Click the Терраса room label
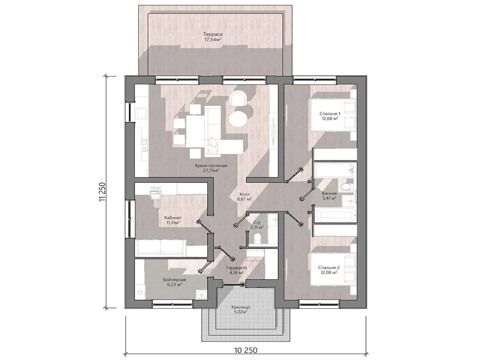(213, 34)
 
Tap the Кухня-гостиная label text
(211, 166)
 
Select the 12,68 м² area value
(330, 118)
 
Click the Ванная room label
(329, 193)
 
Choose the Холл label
(244, 194)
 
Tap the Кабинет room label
(173, 218)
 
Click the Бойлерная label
(174, 280)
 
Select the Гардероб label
(236, 268)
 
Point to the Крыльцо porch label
(241, 307)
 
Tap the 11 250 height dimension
(102, 192)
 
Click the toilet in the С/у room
(257, 237)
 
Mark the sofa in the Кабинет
(161, 248)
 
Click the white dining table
(195, 131)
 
